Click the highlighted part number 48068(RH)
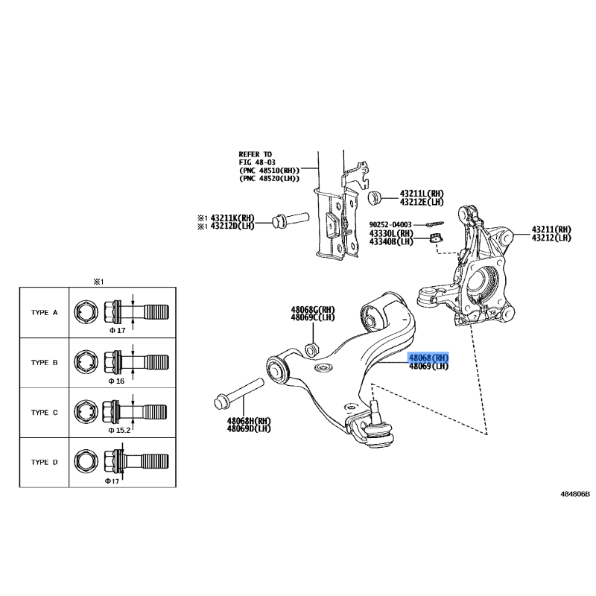[428, 358]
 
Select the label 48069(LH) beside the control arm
[428, 367]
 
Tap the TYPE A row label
[45, 312]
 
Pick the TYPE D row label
[45, 462]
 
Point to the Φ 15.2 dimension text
[119, 431]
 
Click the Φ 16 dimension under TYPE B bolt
[116, 381]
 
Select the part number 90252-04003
[390, 225]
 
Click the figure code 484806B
[575, 494]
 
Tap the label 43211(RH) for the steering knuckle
[551, 229]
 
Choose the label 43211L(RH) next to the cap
[422, 194]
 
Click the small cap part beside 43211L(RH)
[375, 197]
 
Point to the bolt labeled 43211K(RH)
[291, 220]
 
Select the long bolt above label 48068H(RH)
[239, 393]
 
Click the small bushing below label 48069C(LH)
[312, 349]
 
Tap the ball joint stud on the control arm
[374, 408]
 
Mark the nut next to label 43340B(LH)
[437, 238]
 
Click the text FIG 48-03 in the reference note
[257, 162]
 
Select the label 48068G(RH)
[313, 309]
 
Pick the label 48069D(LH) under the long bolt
[249, 429]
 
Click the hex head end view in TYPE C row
[86, 412]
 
